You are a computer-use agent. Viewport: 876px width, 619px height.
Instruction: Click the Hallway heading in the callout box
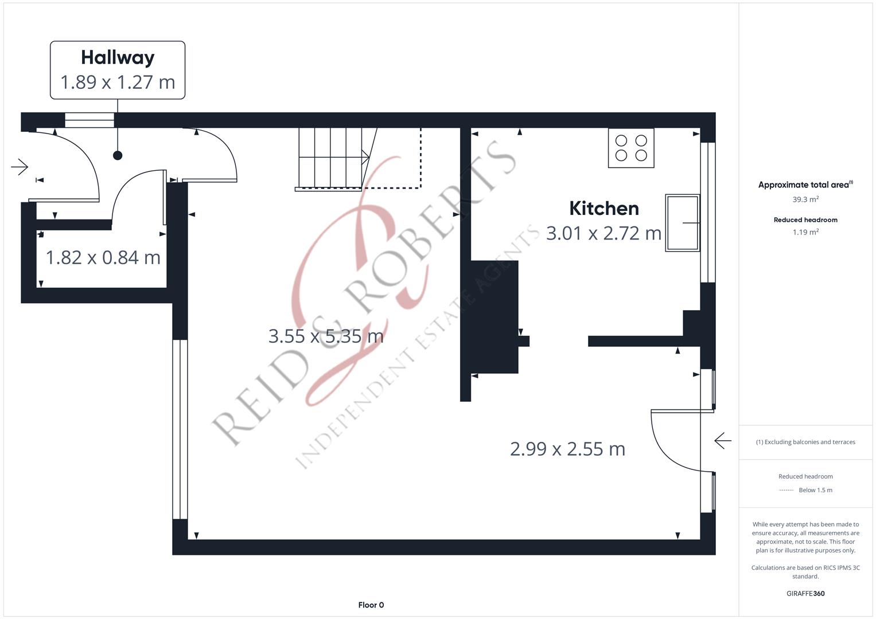pos(118,57)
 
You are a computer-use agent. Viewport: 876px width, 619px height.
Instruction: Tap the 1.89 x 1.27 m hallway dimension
pos(118,83)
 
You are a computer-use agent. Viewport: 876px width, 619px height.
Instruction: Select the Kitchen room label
pos(604,208)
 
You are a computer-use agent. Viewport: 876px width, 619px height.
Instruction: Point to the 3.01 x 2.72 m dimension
pos(604,233)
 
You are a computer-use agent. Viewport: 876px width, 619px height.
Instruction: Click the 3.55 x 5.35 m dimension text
pos(326,336)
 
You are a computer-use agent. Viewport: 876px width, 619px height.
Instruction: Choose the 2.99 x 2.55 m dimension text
pos(567,449)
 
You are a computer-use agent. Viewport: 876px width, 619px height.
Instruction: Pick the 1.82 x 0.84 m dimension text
pos(103,257)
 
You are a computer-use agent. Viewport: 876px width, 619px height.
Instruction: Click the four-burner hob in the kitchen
pos(631,148)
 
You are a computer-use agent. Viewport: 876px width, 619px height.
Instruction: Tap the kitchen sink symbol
pos(682,223)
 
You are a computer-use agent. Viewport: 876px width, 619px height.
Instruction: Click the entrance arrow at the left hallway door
pos(20,167)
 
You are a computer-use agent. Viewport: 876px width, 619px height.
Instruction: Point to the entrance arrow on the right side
pos(723,441)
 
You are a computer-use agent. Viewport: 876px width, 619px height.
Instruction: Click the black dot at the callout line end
pos(118,155)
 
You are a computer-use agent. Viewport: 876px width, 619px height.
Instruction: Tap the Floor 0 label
pos(371,605)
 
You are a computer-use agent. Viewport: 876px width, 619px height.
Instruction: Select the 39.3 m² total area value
pos(805,199)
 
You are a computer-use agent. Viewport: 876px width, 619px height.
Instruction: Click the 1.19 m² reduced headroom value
pos(805,232)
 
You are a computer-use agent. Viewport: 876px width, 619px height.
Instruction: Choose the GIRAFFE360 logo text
pos(805,594)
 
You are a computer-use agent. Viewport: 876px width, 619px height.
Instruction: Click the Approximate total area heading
pos(805,185)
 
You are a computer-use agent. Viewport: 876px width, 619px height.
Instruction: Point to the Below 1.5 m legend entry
pos(815,490)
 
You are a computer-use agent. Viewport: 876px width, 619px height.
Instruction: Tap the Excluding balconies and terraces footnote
pos(805,442)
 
